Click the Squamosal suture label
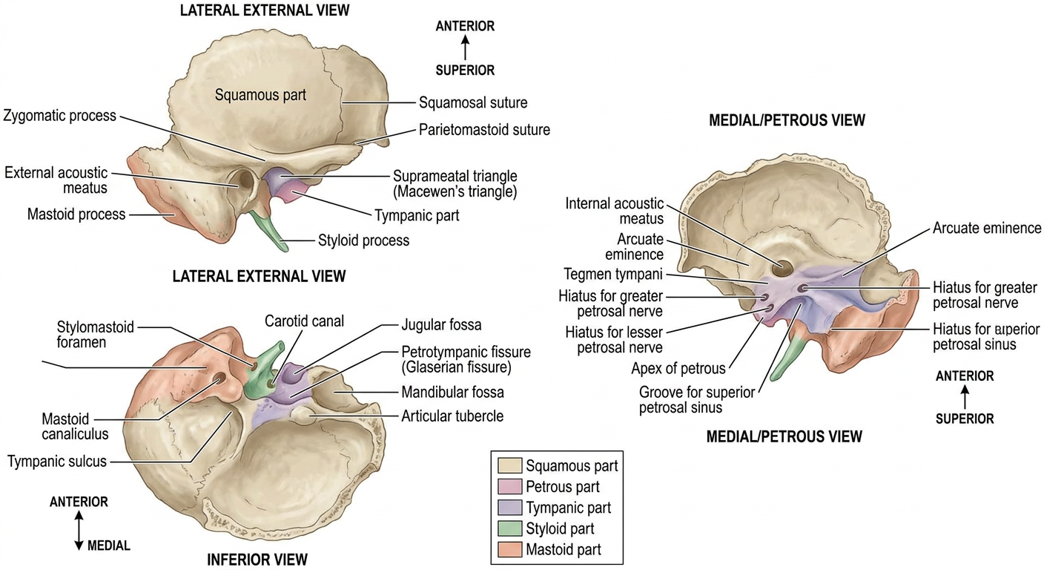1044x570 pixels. coord(473,102)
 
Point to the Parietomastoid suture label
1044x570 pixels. coord(484,130)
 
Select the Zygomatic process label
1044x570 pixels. coord(59,116)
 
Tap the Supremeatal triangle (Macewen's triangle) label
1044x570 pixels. coord(455,184)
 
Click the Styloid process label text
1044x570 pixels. coord(363,240)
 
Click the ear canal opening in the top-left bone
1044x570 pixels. coord(245,180)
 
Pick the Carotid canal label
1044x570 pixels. coord(304,321)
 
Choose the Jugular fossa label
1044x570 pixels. coord(441,324)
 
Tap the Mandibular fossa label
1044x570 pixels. coord(452,393)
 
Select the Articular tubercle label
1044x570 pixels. coord(452,416)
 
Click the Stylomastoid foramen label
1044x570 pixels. coord(95,335)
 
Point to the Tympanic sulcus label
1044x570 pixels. coord(57,462)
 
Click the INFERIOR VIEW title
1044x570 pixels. coord(257,560)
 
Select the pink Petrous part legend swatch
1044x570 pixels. coord(509,487)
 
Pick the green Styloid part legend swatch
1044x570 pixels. coord(509,528)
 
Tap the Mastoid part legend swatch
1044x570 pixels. coord(509,549)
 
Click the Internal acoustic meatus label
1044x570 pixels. coord(614,212)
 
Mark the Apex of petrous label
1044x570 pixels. coord(678,369)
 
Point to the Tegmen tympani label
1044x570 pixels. coord(613,275)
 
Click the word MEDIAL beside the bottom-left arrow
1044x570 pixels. coord(108,546)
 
